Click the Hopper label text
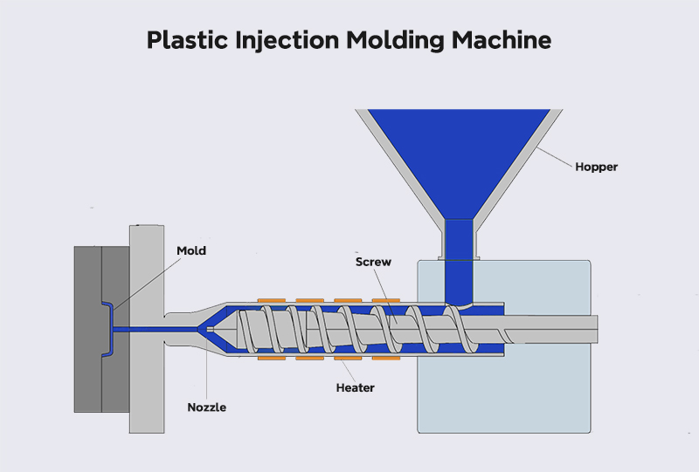click(596, 167)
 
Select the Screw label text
click(374, 261)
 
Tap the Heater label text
click(355, 386)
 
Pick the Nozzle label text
click(206, 406)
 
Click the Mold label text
click(191, 250)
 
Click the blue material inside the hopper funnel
click(459, 157)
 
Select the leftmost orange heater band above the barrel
click(273, 302)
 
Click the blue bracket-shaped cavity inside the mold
click(107, 329)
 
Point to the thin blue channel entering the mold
click(157, 329)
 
